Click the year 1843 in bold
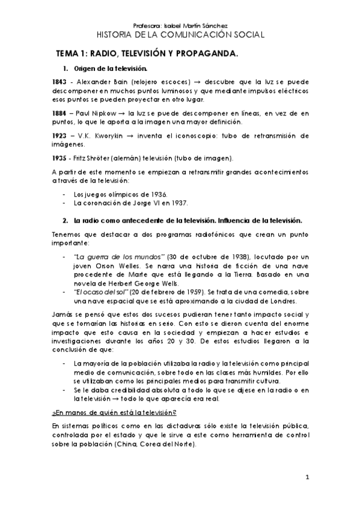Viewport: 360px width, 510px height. (x=60, y=82)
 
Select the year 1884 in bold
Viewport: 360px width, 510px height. (x=60, y=112)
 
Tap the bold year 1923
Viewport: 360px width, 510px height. (x=60, y=136)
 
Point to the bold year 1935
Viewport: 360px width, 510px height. (x=60, y=158)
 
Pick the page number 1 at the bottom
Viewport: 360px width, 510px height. (x=307, y=478)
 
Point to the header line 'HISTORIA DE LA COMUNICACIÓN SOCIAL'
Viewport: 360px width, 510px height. (x=180, y=35)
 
